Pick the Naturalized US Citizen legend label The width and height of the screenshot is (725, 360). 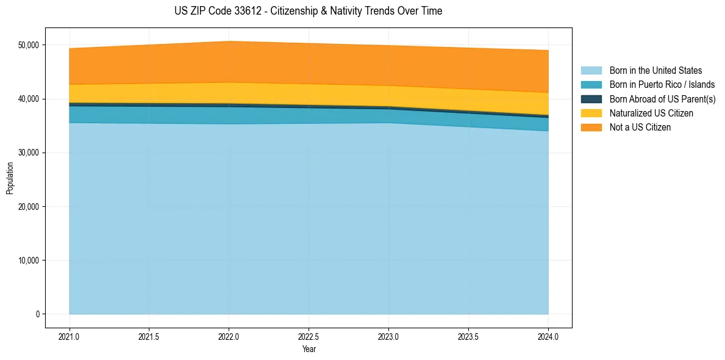tap(651, 113)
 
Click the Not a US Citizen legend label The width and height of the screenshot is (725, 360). tap(640, 128)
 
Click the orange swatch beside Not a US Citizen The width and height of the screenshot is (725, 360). tap(591, 128)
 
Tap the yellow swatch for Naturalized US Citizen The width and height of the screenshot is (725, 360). tap(591, 113)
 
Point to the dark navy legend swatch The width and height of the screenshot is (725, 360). tap(591, 99)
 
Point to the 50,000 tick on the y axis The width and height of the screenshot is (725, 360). tap(28, 45)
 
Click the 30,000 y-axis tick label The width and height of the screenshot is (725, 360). tap(28, 153)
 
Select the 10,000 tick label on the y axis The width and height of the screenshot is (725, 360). tap(28, 261)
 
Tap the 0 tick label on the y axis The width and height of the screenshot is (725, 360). tap(37, 314)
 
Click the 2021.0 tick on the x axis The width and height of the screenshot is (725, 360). tap(70, 336)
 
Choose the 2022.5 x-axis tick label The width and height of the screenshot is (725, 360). tap(309, 336)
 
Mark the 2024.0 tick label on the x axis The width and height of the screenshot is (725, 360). tap(548, 336)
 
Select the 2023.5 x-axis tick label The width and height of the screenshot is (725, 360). tap(468, 336)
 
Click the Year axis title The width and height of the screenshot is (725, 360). tap(309, 349)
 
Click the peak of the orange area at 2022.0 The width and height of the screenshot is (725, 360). tap(229, 42)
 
